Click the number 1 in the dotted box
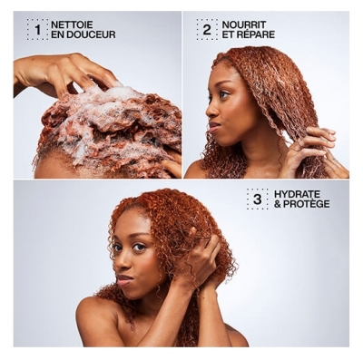coord(37,29)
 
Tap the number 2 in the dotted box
coord(207,29)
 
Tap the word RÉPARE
coord(259,35)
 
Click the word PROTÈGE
coord(310,205)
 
